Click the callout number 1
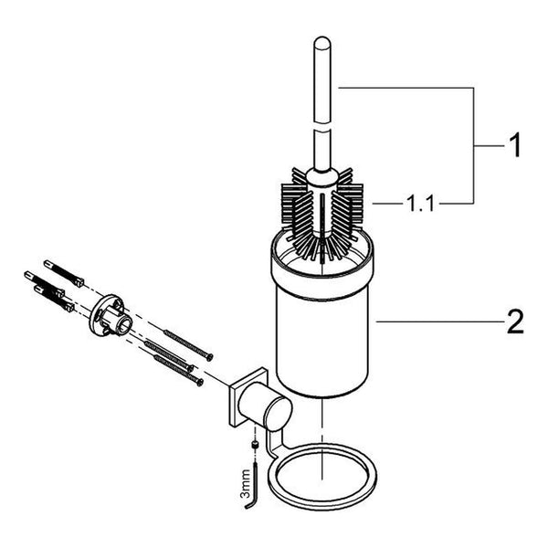pos(514,145)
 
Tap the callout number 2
pos(515,321)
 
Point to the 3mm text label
pos(246,484)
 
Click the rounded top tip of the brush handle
pos(321,40)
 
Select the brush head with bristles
pos(321,213)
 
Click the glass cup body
pos(321,346)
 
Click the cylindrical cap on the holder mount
pos(267,406)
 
